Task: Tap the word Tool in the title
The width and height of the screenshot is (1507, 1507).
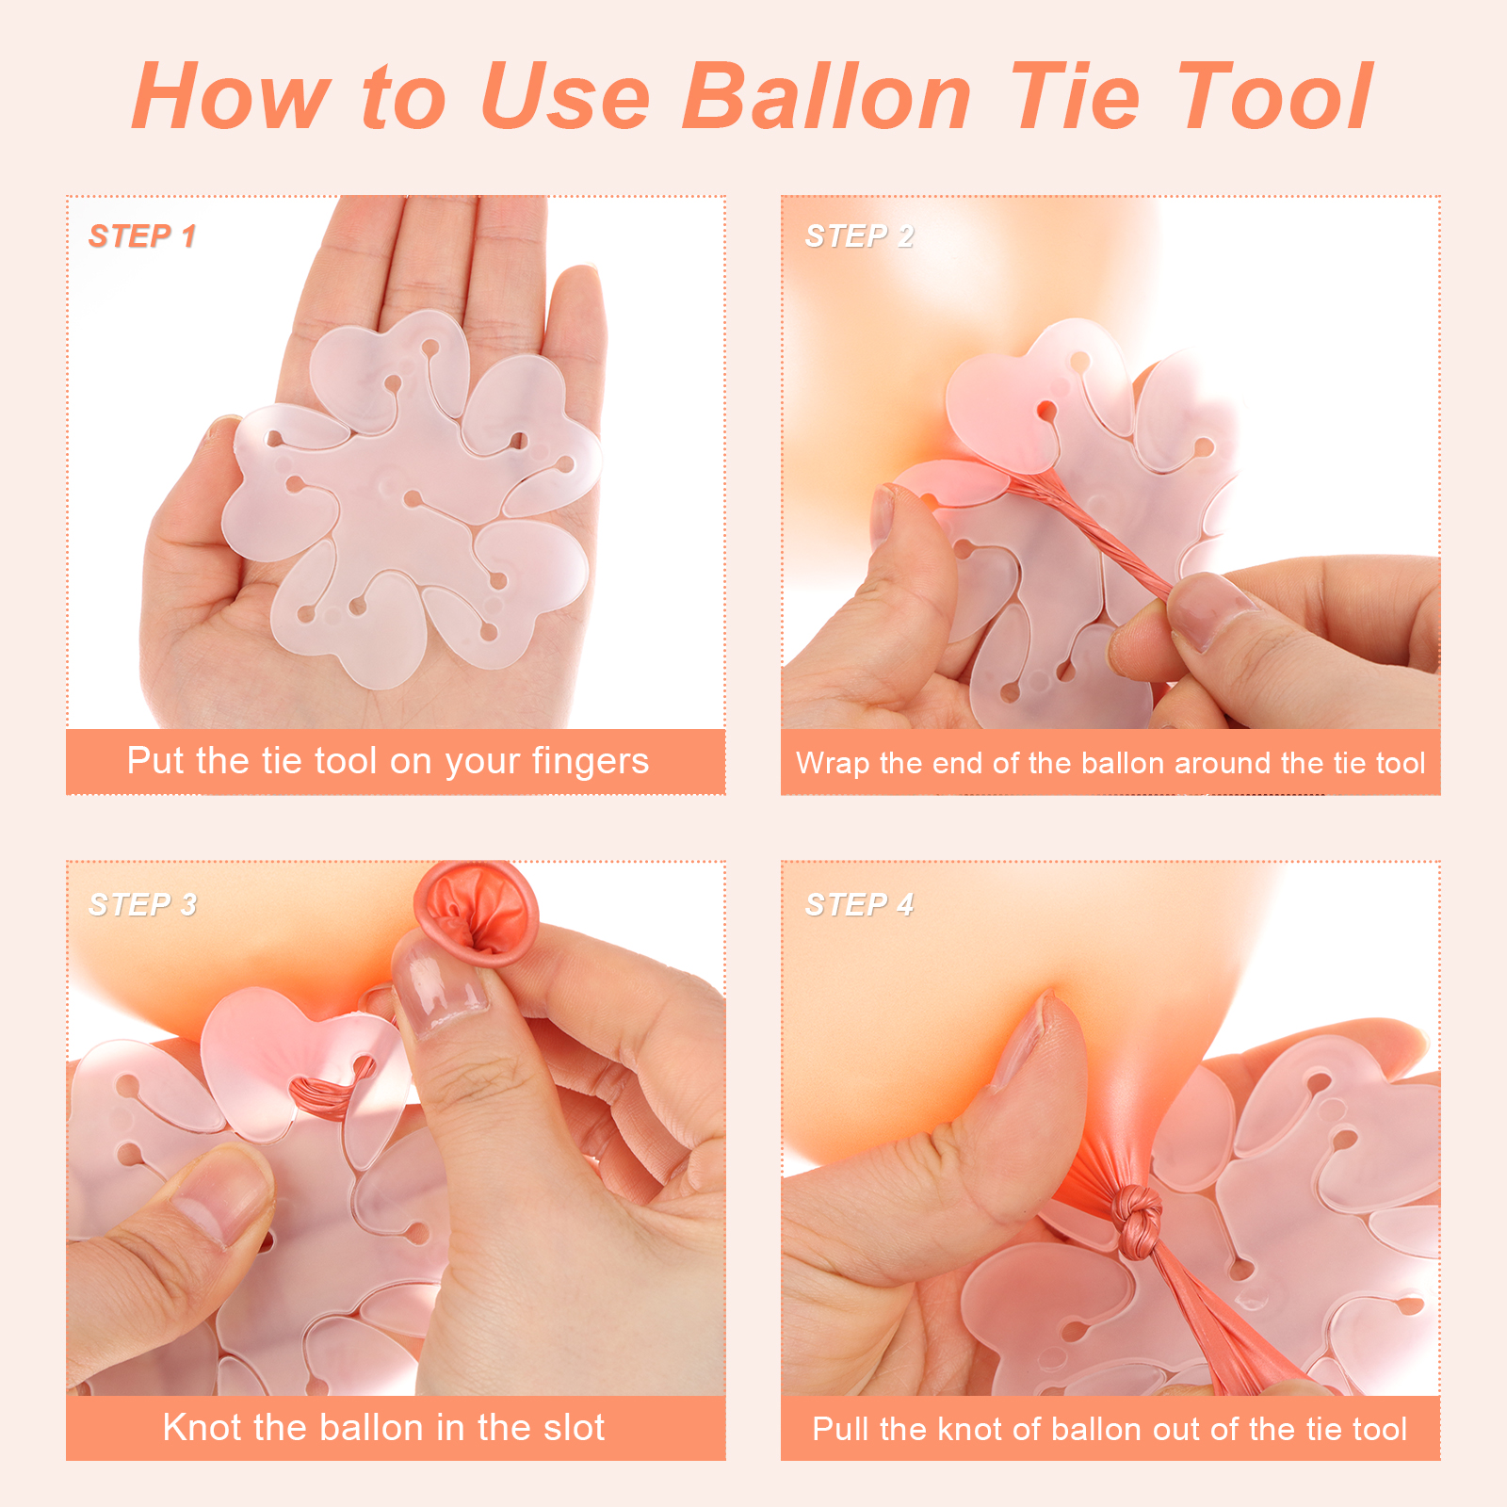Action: click(x=1275, y=95)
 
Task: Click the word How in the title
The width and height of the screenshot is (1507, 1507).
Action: click(x=231, y=95)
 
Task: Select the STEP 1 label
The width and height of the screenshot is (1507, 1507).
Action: click(x=142, y=235)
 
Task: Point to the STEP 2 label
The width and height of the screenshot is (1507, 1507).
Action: click(x=859, y=235)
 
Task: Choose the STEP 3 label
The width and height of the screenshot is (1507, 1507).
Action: click(x=142, y=904)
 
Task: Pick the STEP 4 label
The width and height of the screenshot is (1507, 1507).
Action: click(x=859, y=904)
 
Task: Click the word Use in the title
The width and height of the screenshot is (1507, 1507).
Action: click(x=565, y=95)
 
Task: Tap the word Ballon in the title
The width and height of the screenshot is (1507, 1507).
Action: click(x=828, y=95)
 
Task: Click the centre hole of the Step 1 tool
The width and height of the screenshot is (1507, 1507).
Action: click(x=412, y=497)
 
